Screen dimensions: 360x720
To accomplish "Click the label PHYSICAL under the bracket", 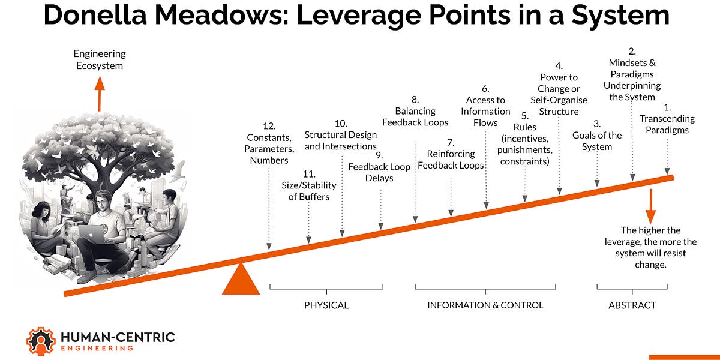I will (x=326, y=305).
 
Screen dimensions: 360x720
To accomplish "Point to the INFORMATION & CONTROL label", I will (x=485, y=305).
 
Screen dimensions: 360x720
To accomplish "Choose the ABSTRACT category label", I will (x=632, y=305).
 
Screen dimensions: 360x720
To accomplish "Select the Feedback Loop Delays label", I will (x=379, y=172).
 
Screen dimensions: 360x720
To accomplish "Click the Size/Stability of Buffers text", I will (x=309, y=191).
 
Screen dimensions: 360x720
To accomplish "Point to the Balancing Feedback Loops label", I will (x=415, y=117).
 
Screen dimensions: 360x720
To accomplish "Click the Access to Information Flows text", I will (x=485, y=111).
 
